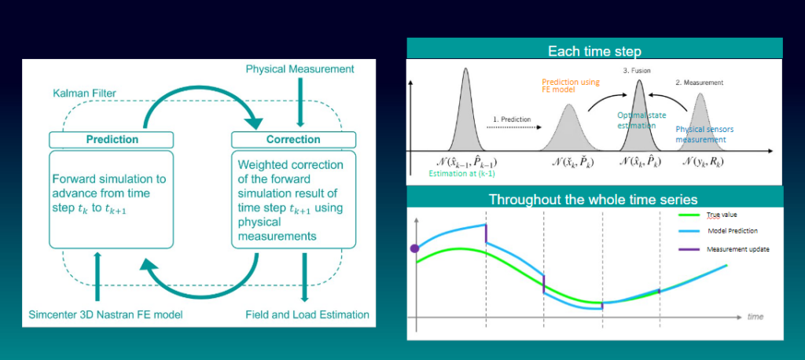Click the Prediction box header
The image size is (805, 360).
111,139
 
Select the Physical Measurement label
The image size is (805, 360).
300,69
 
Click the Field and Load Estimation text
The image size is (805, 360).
307,314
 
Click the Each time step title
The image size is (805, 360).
594,51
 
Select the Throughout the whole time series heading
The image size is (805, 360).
594,199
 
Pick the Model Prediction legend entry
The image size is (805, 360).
732,231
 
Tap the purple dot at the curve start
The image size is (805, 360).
415,249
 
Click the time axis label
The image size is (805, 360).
755,316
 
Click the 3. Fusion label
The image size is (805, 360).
638,71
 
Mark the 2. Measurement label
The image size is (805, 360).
699,82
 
